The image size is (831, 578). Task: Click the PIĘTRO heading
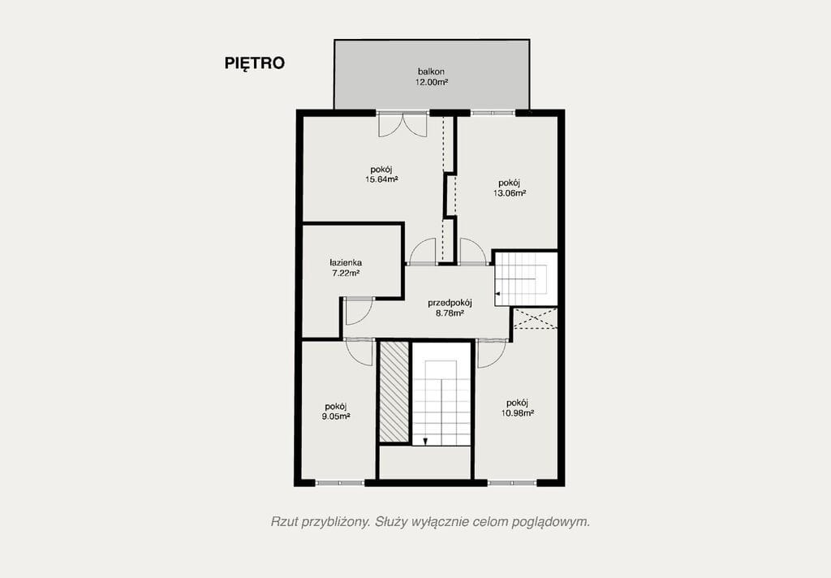coord(254,63)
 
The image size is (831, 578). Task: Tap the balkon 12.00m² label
coord(432,77)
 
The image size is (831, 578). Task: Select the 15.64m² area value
coord(381,179)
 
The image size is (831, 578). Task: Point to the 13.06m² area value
coord(510,193)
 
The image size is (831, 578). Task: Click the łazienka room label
coord(346,262)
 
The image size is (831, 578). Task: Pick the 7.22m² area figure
coord(346,273)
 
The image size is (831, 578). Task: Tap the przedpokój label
coord(450,303)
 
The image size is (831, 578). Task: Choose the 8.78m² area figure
coord(450,313)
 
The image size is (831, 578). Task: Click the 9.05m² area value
coord(336,416)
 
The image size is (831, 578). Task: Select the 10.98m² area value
coord(517,413)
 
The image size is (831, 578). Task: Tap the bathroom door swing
coord(359,312)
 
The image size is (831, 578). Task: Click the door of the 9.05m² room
coord(360,351)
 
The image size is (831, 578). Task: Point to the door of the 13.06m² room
coord(473,252)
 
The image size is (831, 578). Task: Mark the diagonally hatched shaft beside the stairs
coord(394,392)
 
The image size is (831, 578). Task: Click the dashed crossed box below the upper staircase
coord(536,319)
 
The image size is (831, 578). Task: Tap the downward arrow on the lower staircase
coord(425,441)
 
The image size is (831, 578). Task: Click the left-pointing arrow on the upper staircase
coord(497,293)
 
